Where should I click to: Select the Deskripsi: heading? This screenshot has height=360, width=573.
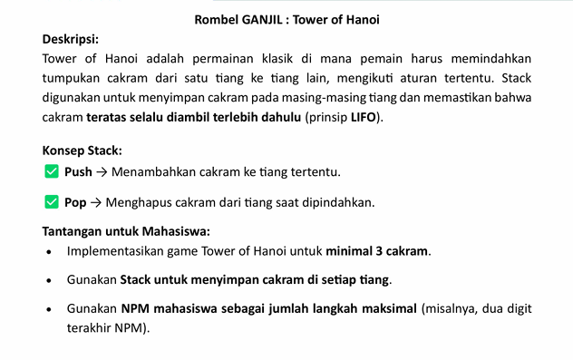pos(71,39)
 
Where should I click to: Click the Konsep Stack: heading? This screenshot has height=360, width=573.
pos(83,151)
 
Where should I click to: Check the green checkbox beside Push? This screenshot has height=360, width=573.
pos(51,170)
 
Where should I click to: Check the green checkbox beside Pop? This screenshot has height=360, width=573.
pos(51,201)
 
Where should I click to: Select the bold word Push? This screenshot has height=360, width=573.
pos(78,171)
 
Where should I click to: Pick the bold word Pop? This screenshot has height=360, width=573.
pos(75,202)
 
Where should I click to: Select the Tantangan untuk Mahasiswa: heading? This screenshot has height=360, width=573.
pos(126,230)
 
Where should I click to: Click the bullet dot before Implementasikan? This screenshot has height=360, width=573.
pos(48,251)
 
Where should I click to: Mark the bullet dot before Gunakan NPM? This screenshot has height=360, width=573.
pos(48,310)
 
